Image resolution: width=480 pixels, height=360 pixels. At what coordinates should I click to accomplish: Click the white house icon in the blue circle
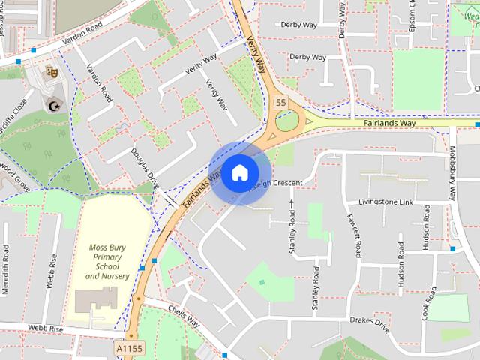pos(239,173)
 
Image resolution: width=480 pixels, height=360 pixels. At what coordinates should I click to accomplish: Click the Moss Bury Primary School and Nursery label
pos(107,261)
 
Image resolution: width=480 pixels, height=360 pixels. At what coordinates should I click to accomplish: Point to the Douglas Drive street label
pos(145,167)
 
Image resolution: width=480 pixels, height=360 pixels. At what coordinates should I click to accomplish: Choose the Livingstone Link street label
pos(385,202)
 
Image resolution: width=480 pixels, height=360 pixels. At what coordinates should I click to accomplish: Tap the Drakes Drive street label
pos(370,324)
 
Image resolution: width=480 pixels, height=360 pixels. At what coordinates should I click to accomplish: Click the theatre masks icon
pos(52,71)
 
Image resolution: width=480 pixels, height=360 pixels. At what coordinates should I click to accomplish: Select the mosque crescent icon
pos(53,105)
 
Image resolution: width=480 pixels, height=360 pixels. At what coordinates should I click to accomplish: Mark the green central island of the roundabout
pos(286,120)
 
